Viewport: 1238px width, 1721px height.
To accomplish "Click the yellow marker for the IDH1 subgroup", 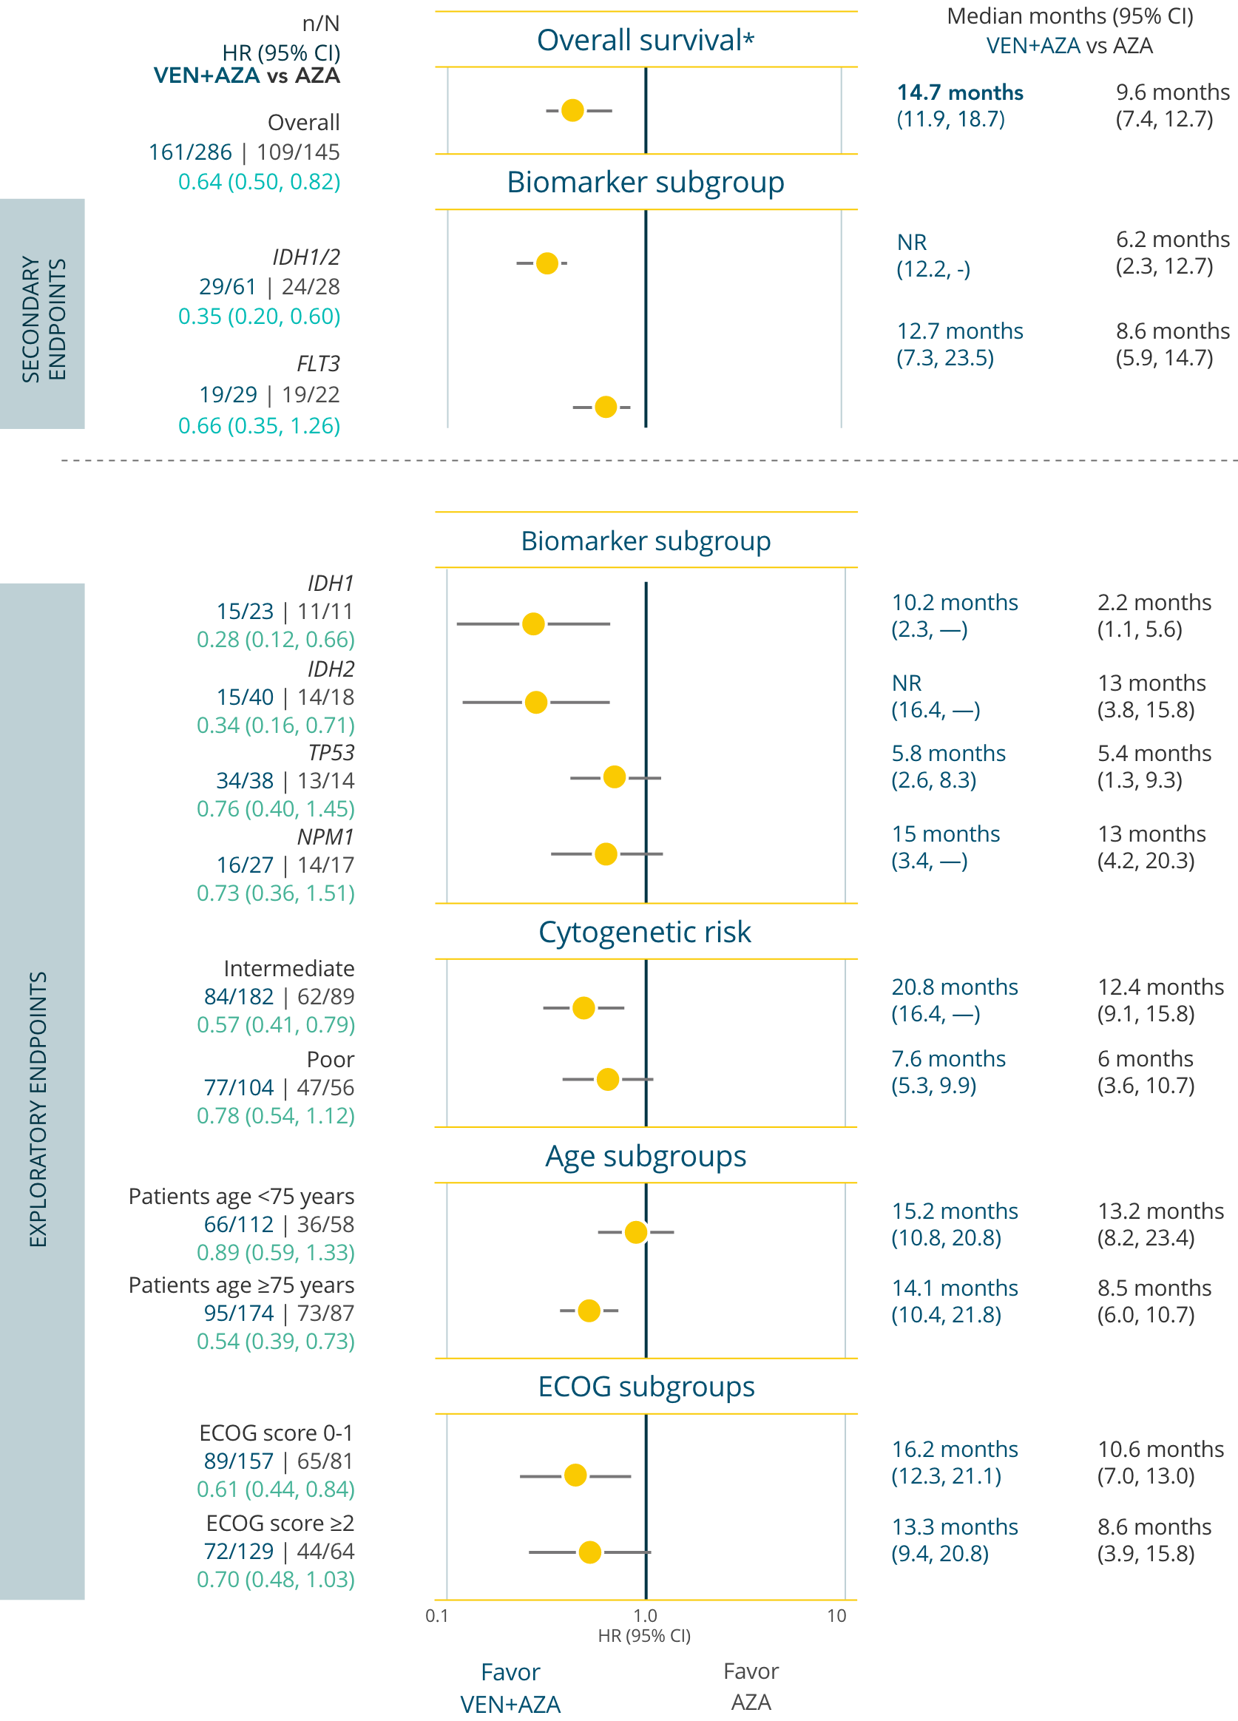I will point(533,623).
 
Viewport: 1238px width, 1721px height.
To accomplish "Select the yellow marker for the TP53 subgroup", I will point(614,777).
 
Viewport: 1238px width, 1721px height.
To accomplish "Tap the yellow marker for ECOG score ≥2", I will point(589,1552).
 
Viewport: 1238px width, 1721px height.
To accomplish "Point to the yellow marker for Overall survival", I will point(572,110).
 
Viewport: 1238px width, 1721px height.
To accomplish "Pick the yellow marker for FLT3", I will point(606,407).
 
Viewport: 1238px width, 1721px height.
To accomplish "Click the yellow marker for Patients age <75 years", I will point(636,1231).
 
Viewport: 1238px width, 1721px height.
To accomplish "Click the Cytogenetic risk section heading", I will point(645,932).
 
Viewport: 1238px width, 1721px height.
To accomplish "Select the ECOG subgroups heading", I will point(646,1387).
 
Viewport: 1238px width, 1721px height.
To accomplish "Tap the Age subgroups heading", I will point(646,1156).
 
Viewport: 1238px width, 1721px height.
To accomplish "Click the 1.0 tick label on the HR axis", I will point(645,1615).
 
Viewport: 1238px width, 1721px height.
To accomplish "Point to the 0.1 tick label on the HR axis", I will point(437,1615).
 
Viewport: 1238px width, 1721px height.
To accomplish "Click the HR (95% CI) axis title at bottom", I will point(644,1635).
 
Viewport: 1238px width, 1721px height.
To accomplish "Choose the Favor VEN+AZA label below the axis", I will point(510,1688).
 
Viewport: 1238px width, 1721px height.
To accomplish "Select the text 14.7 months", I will point(960,92).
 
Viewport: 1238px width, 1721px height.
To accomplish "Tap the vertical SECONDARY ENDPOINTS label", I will point(43,319).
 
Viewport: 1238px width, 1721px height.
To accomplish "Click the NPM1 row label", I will point(325,836).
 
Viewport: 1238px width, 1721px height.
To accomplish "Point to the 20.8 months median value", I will point(954,987).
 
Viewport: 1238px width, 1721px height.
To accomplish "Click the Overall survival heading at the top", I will point(646,40).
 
